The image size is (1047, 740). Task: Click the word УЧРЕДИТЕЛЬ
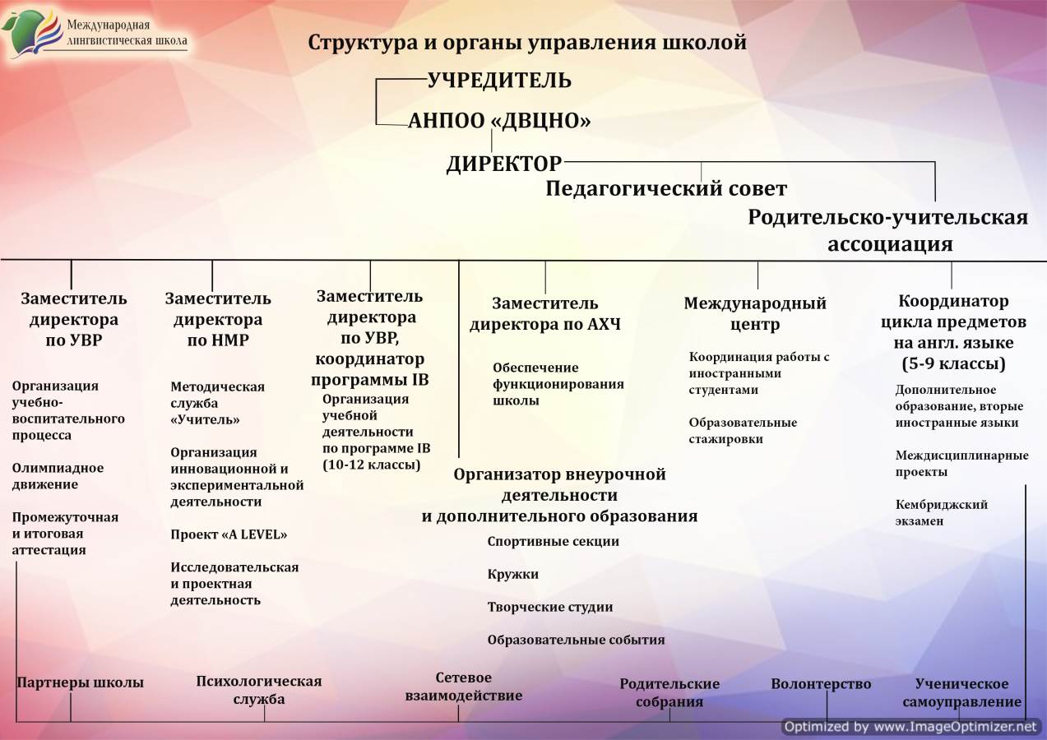coord(499,81)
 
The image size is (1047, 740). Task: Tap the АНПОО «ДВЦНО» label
coord(499,121)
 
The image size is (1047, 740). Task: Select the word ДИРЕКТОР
coord(504,164)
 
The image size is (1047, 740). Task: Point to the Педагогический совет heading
coord(666,189)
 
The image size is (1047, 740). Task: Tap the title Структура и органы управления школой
coord(526,43)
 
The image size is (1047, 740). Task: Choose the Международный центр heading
coord(755,313)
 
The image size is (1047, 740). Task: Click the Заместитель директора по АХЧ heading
coord(545,313)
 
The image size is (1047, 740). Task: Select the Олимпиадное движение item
coord(58,476)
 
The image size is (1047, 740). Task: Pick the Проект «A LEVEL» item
coord(229,534)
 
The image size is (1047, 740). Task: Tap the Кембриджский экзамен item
coord(942,512)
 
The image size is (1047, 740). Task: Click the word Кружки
coord(512,574)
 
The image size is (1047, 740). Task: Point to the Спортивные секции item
coord(553,542)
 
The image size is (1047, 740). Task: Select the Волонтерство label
coord(821,684)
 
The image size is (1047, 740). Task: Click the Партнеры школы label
coord(80,682)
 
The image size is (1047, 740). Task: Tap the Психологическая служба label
coord(259,690)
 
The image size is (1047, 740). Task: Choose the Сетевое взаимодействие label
coord(463,687)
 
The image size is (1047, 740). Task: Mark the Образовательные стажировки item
coord(743,431)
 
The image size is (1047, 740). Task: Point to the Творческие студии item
coord(549,607)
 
